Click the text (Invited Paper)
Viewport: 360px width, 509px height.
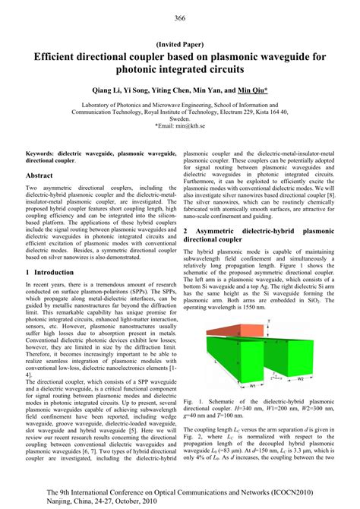click(180, 43)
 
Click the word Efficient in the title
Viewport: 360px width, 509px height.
click(59, 56)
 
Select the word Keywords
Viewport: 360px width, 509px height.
click(41, 153)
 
